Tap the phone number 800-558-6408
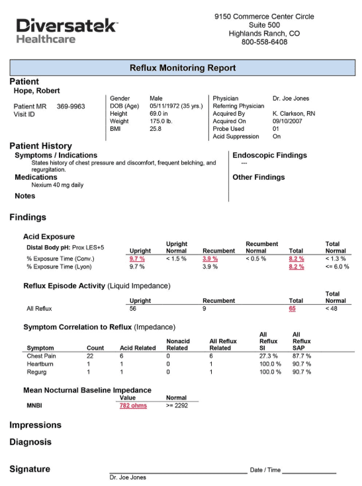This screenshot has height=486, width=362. point(264,42)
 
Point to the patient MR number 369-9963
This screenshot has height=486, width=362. point(71,106)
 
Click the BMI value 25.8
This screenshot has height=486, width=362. point(156,129)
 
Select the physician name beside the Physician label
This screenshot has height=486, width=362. point(291,99)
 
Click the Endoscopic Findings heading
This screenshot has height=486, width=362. point(269,155)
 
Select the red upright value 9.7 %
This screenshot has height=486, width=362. point(137,259)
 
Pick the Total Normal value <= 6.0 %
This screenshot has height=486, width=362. point(337,266)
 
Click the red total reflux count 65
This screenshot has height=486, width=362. point(293,308)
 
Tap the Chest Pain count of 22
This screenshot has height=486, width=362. point(91,356)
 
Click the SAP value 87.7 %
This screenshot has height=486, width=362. point(302,356)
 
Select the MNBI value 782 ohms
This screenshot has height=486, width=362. point(133,406)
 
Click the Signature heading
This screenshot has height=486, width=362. point(30,469)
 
